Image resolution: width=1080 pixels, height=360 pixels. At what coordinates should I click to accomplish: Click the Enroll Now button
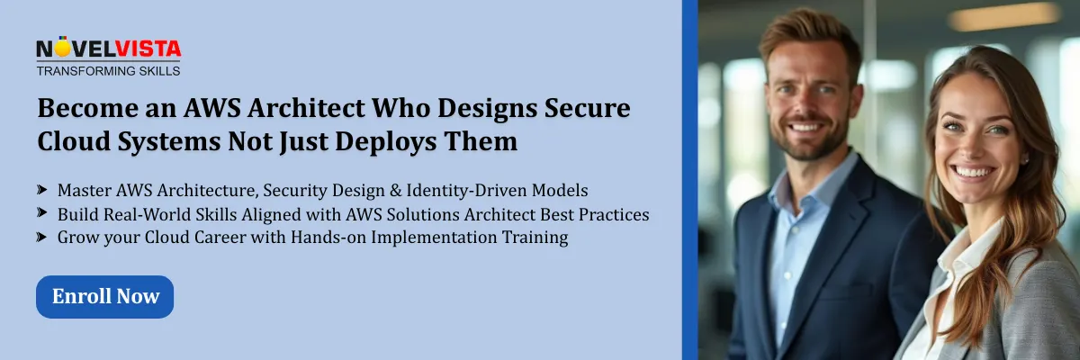point(104,296)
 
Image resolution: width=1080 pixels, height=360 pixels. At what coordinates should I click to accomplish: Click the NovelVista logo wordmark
point(108,49)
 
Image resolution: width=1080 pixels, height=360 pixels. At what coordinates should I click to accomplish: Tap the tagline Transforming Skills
point(108,70)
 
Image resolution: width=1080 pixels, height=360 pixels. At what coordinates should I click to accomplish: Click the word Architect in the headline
point(313,110)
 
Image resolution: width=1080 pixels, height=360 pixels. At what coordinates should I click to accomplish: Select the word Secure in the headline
point(586,110)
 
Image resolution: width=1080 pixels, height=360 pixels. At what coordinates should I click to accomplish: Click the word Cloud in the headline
point(72,141)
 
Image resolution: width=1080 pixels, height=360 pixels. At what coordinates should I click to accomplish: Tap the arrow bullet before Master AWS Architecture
point(42,191)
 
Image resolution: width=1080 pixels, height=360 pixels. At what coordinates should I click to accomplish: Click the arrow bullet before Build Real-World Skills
point(42,214)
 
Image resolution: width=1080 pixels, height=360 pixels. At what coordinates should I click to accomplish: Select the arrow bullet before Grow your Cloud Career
point(42,238)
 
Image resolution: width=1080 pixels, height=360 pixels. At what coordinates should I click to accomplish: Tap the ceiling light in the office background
point(1003,16)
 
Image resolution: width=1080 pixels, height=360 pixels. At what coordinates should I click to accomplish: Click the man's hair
point(801,31)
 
